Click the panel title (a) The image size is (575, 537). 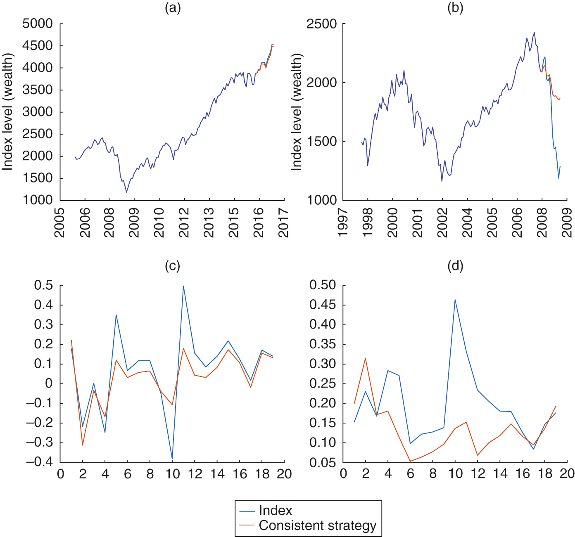pyautogui.click(x=173, y=8)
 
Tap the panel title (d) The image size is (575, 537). pyautogui.click(x=455, y=266)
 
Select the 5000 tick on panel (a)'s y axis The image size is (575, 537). pyautogui.click(x=38, y=24)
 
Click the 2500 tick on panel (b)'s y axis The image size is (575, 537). pyautogui.click(x=321, y=24)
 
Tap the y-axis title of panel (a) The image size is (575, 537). pyautogui.click(x=8, y=111)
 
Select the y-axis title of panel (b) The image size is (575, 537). pyautogui.click(x=297, y=111)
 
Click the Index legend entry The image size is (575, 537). pyautogui.click(x=276, y=511)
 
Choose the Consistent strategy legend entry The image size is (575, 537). pyautogui.click(x=318, y=525)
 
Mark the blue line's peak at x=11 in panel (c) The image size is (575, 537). pyautogui.click(x=183, y=286)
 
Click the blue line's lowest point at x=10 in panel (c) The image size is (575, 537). pyautogui.click(x=172, y=459)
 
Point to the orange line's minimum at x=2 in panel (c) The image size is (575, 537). pyautogui.click(x=83, y=445)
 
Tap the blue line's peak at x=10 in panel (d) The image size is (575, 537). pyautogui.click(x=455, y=300)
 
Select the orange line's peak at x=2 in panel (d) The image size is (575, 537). pyautogui.click(x=366, y=358)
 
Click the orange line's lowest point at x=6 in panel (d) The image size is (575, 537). pyautogui.click(x=410, y=461)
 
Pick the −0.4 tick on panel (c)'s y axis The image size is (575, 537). pyautogui.click(x=39, y=462)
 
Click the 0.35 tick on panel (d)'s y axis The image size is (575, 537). pyautogui.click(x=323, y=344)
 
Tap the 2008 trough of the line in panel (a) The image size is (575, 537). pyautogui.click(x=126, y=192)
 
